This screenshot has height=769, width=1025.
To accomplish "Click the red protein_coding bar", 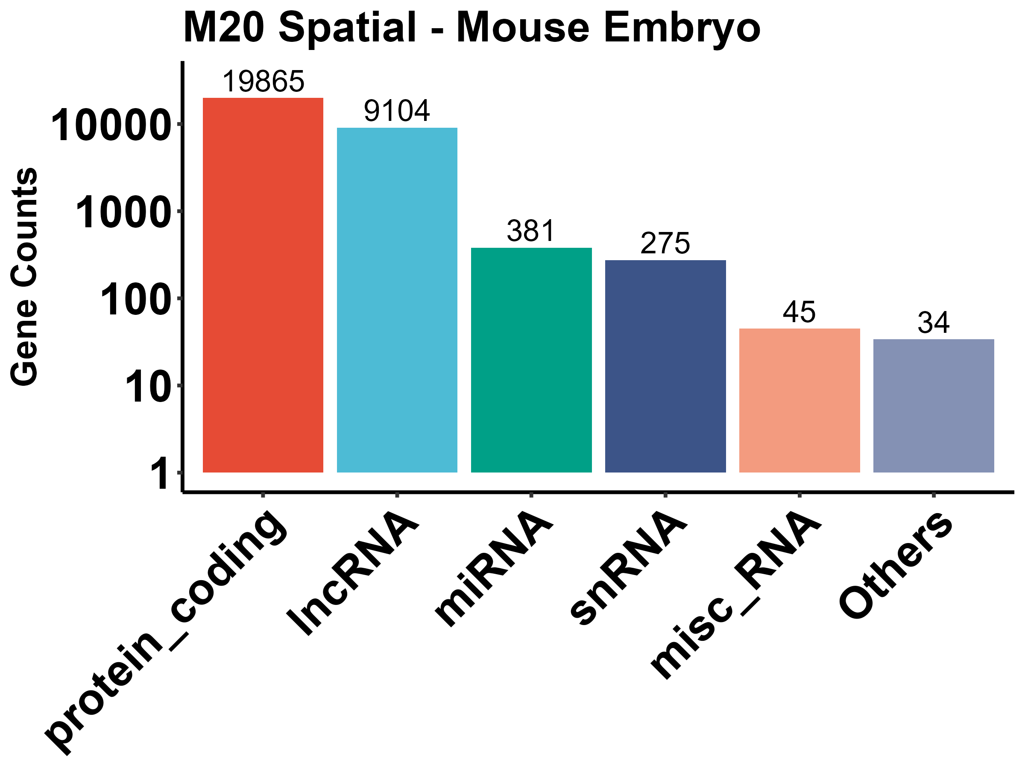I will click(263, 285).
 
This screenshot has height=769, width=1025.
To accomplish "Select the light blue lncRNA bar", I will click(397, 300).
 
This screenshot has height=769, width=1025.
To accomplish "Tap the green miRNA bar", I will click(531, 360).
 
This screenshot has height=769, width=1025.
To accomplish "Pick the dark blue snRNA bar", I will click(665, 366).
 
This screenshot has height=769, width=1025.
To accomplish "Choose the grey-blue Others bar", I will click(933, 406).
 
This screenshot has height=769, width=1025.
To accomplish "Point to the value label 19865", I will click(263, 82).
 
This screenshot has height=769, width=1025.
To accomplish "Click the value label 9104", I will click(397, 112).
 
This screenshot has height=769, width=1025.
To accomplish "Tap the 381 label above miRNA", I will click(530, 231).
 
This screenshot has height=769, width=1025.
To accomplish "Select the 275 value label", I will click(665, 244).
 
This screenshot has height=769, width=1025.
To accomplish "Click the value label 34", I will click(933, 323).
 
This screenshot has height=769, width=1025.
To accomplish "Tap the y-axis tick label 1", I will click(160, 474).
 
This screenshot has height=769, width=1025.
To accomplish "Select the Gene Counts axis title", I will click(24, 276).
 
